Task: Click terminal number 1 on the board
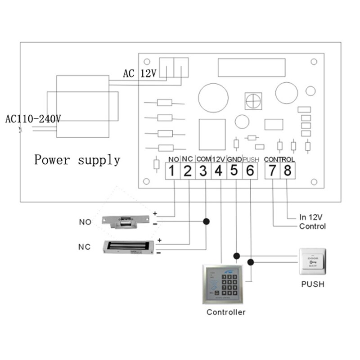point(172,171)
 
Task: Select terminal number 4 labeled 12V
point(219,171)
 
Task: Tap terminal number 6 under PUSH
point(250,171)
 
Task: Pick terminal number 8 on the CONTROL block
point(288,171)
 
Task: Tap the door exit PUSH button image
point(312,261)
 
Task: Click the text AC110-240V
point(33,119)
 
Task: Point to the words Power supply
point(77,160)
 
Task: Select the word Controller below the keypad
point(226,312)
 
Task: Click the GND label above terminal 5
point(234,159)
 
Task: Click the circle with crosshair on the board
point(253,101)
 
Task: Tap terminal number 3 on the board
point(203,171)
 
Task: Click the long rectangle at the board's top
point(251,67)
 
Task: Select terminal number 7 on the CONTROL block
point(272,171)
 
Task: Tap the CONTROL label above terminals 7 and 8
point(279,159)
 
